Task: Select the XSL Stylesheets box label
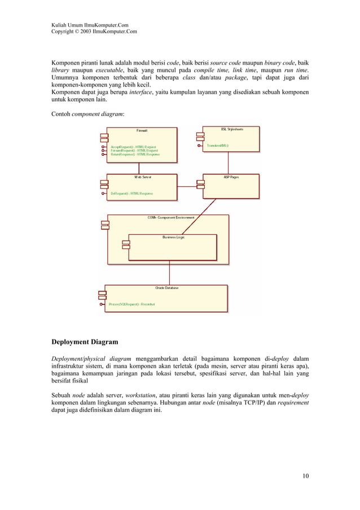(x=231, y=129)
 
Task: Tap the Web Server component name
(x=142, y=177)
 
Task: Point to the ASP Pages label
(x=231, y=177)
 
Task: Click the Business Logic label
(x=173, y=237)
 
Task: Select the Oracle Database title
(x=166, y=288)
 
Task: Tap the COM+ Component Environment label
(x=167, y=217)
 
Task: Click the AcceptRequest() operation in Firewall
(x=134, y=147)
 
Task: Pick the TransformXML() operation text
(x=218, y=146)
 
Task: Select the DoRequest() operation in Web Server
(x=131, y=193)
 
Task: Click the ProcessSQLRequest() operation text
(x=133, y=304)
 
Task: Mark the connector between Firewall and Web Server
(x=142, y=168)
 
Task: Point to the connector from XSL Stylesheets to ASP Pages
(x=228, y=163)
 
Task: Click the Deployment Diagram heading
(x=85, y=342)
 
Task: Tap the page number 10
(x=305, y=476)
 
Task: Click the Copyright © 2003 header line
(x=94, y=32)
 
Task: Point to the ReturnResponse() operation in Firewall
(x=135, y=154)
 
